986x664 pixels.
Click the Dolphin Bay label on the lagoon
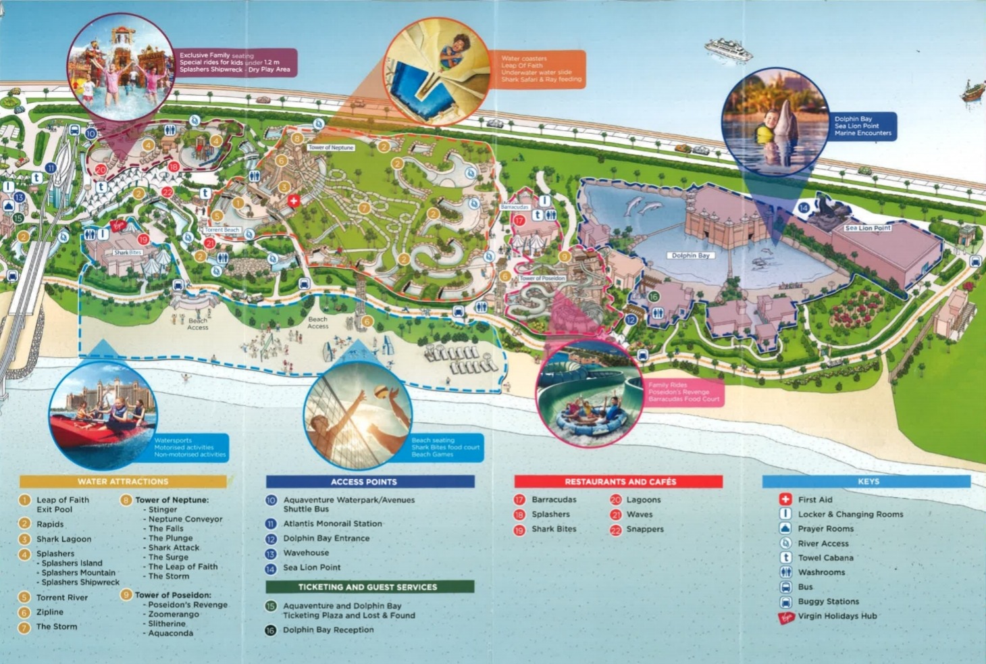click(690, 255)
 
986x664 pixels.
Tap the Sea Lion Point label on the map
click(867, 228)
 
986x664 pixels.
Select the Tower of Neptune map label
click(331, 147)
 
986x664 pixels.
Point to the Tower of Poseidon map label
click(542, 278)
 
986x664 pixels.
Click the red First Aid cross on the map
click(293, 201)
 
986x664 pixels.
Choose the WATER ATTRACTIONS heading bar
click(123, 482)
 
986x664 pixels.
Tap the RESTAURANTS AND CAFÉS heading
click(619, 482)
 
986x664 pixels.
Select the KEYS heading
click(867, 482)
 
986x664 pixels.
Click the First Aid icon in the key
click(785, 499)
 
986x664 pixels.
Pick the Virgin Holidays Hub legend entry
click(837, 616)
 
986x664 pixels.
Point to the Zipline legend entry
click(49, 612)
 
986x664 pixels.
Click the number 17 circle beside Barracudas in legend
click(519, 500)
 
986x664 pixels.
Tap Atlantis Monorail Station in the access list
click(332, 523)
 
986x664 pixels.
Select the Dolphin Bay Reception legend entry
click(328, 630)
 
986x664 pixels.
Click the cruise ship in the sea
click(728, 49)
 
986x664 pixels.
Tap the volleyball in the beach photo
click(381, 392)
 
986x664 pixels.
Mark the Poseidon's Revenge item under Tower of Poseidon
click(187, 605)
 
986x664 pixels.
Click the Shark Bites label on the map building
click(128, 253)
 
